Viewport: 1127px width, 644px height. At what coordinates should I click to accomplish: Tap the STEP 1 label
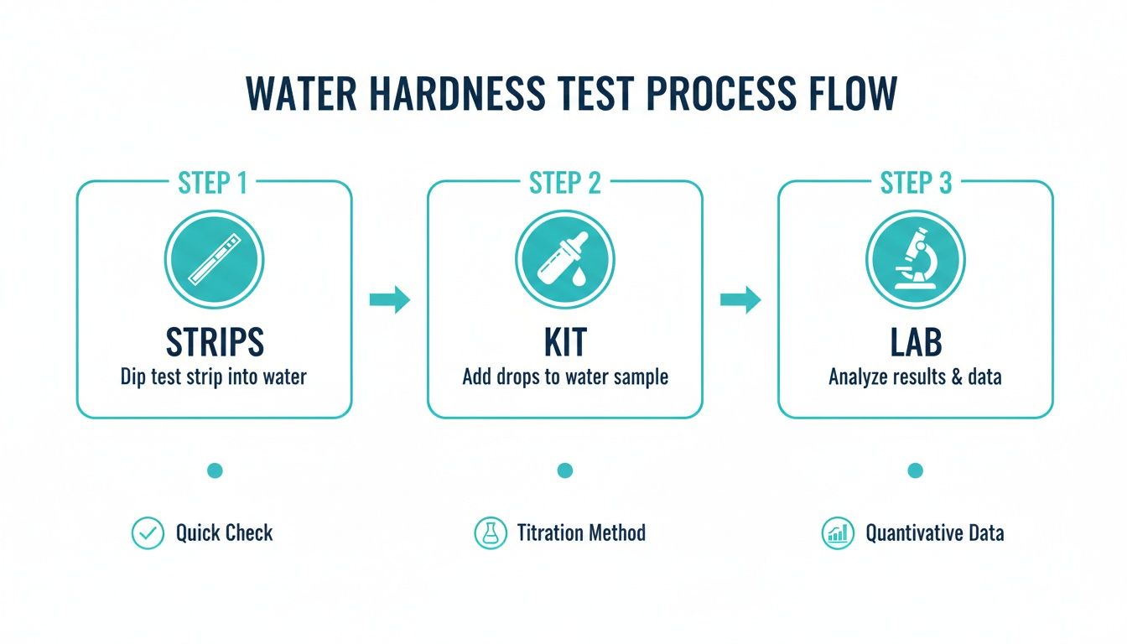tap(214, 184)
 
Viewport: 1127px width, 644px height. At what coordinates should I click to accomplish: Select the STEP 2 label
tap(564, 184)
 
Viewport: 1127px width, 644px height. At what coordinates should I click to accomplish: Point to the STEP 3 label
tap(916, 184)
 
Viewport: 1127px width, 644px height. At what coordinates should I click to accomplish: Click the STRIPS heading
tap(214, 342)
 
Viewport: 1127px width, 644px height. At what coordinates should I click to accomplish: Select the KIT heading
tap(564, 342)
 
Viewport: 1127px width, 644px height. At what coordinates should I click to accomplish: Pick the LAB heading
tap(916, 342)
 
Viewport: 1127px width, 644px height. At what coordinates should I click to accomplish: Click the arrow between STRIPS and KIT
tap(390, 299)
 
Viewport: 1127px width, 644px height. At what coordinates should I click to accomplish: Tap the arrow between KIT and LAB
tap(740, 299)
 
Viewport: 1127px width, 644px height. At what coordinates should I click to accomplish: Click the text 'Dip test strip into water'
tap(214, 377)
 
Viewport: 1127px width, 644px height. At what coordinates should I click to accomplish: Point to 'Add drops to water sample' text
tap(564, 377)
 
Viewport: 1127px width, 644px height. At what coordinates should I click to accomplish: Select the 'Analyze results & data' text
tap(916, 377)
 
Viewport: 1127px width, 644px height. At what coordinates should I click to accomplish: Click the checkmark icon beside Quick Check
tap(148, 533)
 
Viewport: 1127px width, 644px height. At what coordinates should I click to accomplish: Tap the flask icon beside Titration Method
tap(491, 533)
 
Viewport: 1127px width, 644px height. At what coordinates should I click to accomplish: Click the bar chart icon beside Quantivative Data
tap(838, 533)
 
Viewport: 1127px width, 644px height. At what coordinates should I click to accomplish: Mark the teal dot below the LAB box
tap(916, 471)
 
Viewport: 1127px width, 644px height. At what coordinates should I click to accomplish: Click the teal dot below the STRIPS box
tap(214, 471)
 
